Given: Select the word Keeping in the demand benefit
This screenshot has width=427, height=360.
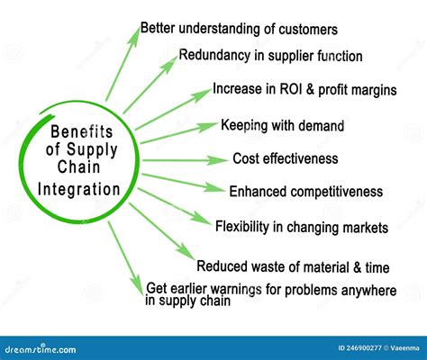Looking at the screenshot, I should coord(244,125).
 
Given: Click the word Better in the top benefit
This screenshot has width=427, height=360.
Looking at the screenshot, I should coord(160,29).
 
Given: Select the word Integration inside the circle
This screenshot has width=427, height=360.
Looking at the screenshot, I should coord(79,190).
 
